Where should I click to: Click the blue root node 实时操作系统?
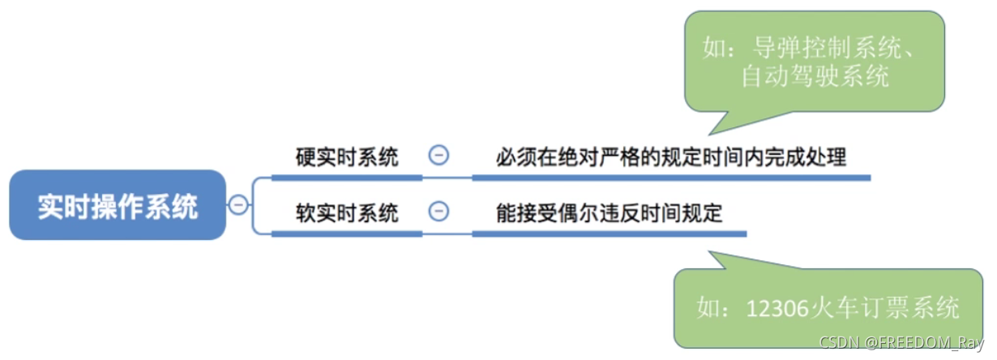click(x=118, y=205)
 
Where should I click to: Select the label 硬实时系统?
click(x=347, y=156)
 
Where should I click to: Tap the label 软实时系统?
click(x=347, y=213)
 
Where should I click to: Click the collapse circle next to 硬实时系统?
click(x=439, y=156)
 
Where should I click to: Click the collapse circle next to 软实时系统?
click(x=439, y=212)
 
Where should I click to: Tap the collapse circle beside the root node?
click(x=238, y=205)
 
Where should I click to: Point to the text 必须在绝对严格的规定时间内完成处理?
click(x=671, y=156)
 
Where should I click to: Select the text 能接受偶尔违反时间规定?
click(x=610, y=213)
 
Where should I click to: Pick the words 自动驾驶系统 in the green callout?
click(x=815, y=76)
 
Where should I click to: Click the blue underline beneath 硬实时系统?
click(x=347, y=176)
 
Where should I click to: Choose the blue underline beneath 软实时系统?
click(x=347, y=234)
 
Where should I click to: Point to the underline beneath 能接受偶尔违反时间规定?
click(x=610, y=234)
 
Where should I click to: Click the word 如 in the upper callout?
click(x=714, y=48)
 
